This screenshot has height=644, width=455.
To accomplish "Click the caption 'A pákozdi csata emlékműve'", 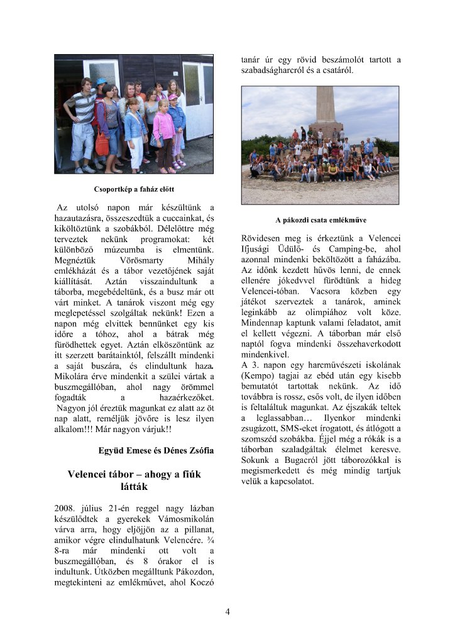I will [x=321, y=220].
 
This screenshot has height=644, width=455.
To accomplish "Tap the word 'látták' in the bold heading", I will [x=134, y=486].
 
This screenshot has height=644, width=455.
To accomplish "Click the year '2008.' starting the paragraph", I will [x=68, y=508].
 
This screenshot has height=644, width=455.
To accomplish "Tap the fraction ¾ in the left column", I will [x=210, y=530].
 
